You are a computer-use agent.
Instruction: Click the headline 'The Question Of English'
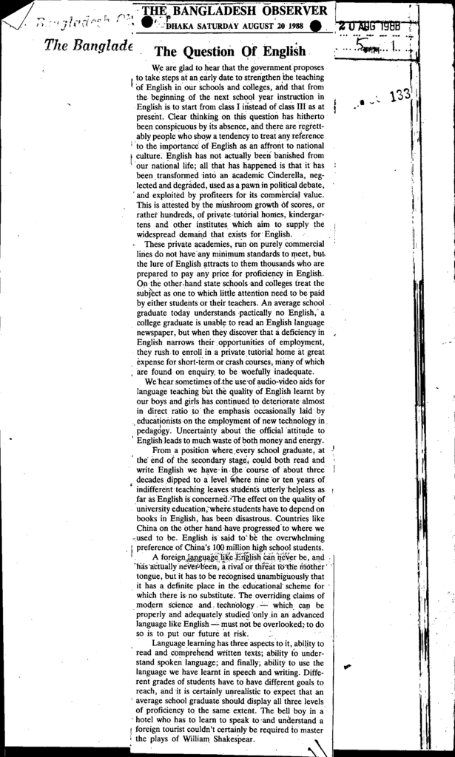point(229,52)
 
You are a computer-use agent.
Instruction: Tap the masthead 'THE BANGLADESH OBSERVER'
point(234,11)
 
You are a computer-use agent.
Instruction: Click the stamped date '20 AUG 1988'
point(371,27)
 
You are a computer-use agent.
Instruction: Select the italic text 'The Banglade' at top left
point(88,46)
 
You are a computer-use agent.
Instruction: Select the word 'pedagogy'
point(154,430)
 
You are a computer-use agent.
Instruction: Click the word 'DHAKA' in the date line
point(182,26)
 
